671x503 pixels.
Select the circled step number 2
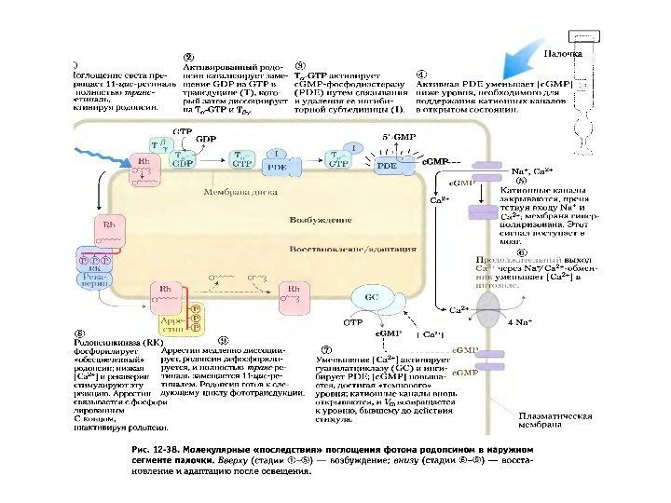click(189, 55)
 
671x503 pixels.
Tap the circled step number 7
click(322, 339)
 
